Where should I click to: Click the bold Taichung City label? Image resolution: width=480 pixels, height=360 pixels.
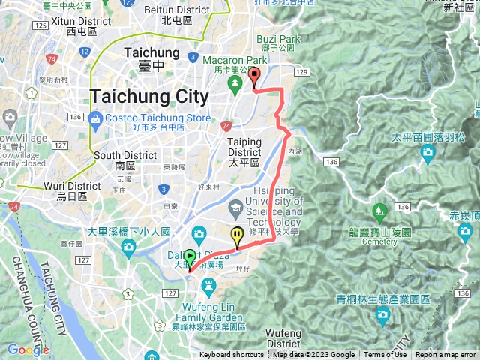[x=149, y=96]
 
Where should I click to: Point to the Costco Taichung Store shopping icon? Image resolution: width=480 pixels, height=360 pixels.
[x=95, y=118]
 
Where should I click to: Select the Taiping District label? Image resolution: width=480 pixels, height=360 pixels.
[x=244, y=145]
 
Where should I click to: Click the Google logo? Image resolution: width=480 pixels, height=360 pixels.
[x=28, y=349]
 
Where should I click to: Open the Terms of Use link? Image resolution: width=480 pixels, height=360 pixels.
[x=385, y=355]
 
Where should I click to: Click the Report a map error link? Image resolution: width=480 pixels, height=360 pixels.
[x=445, y=355]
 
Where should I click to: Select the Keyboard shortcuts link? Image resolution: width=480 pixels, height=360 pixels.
[x=232, y=355]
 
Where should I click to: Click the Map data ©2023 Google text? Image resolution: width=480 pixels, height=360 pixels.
[x=314, y=355]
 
